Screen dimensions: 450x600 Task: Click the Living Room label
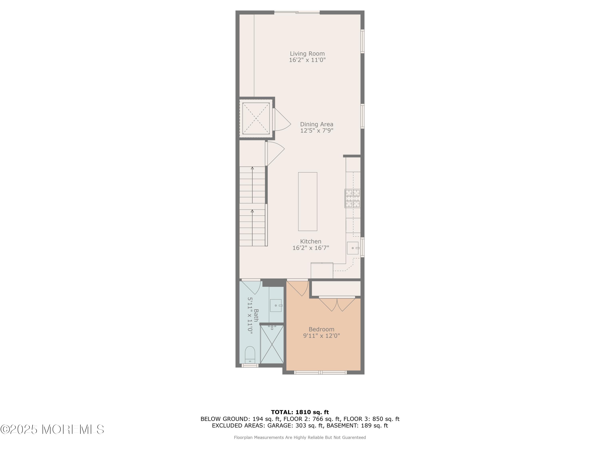[307, 54]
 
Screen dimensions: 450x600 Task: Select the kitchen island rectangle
[308, 202]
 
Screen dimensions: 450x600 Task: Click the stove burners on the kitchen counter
[352, 198]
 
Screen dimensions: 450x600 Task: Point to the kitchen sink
[353, 248]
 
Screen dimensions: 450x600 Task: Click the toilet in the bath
[250, 355]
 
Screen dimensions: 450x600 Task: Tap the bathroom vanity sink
[276, 305]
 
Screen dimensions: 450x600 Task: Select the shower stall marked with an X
[272, 344]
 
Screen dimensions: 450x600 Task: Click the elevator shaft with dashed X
[256, 118]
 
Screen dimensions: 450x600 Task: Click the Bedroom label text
[321, 329]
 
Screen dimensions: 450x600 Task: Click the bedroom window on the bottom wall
[320, 373]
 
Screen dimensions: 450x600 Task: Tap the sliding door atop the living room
[297, 12]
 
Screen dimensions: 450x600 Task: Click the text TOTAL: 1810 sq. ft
[300, 412]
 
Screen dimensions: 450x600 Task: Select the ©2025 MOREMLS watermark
[52, 429]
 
